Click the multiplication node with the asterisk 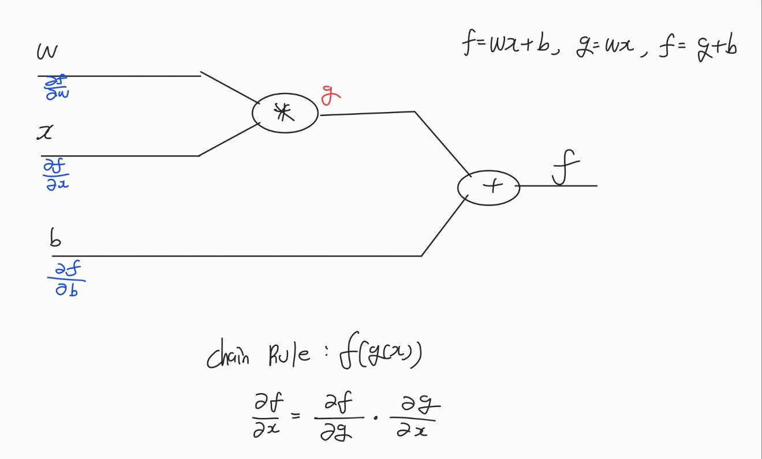point(285,113)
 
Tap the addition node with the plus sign point(488,187)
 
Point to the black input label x point(44,133)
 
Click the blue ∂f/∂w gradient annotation point(56,89)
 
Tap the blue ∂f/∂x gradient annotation point(56,174)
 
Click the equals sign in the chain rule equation point(296,414)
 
